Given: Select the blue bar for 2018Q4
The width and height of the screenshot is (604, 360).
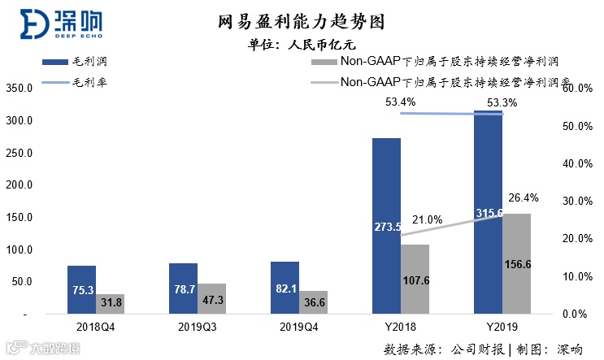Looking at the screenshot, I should (x=81, y=289).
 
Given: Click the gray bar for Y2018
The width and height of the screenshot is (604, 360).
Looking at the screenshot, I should (x=415, y=279).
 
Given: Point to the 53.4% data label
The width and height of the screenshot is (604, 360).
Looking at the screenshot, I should (x=401, y=102).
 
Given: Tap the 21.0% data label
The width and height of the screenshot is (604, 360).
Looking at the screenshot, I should (x=427, y=219).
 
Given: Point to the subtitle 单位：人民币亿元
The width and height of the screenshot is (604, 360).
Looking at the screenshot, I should (x=302, y=45).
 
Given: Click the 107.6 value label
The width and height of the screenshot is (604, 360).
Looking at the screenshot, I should (x=415, y=280).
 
